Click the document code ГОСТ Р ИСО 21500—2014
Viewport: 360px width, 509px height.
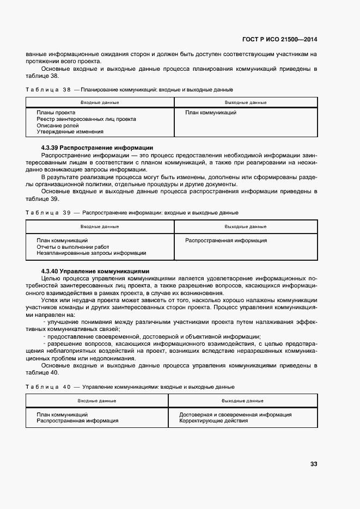pos(279,40)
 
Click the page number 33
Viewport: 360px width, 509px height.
pos(313,464)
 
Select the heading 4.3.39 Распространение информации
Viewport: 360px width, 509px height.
pos(97,148)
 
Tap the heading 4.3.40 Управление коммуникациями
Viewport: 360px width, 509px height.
pos(95,271)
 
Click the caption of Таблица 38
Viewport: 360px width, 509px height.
pos(130,89)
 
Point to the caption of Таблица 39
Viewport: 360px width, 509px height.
pos(132,212)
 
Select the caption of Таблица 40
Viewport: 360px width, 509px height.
pos(130,387)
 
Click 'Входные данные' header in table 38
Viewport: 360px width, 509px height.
pos(100,102)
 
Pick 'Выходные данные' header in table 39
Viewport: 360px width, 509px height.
pos(245,226)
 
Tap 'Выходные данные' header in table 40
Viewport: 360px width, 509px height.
pos(242,400)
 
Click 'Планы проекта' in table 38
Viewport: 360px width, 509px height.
pos(56,113)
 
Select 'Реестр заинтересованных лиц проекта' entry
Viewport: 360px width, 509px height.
pos(86,119)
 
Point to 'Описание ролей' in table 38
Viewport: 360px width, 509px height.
pos(58,125)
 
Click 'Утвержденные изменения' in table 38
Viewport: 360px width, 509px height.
pos(70,132)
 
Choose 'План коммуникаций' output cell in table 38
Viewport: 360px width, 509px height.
pos(210,113)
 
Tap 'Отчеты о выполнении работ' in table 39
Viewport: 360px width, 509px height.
pos(73,247)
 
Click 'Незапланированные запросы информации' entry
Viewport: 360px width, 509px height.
pos(91,253)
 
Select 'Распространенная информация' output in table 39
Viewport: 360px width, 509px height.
pos(225,240)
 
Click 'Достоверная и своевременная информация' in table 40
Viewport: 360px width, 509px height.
pos(235,414)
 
